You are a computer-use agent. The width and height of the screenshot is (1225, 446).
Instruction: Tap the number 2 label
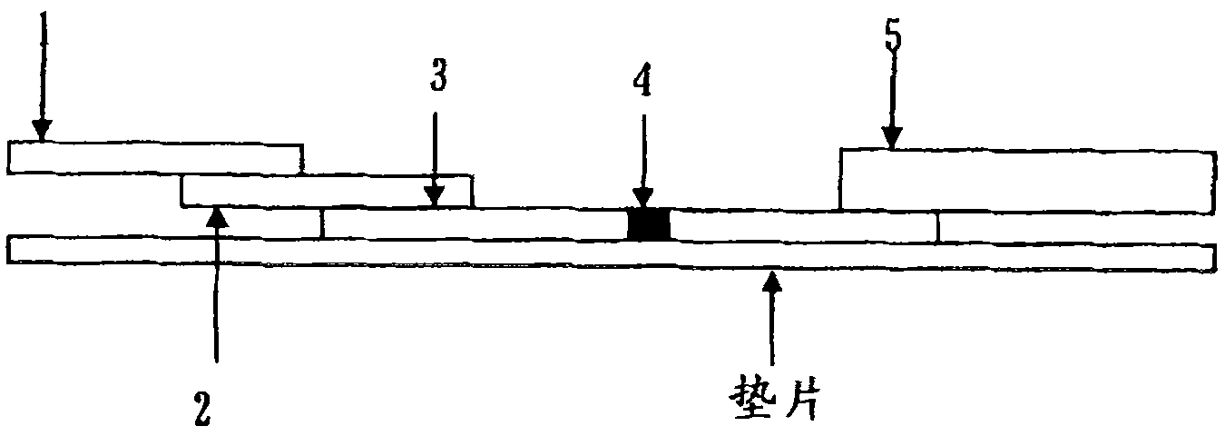(x=202, y=409)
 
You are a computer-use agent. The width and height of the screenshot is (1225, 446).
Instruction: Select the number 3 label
(x=436, y=78)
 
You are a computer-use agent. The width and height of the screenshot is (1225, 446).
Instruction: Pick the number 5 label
(x=895, y=38)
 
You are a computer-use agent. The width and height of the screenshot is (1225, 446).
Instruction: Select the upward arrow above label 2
(x=216, y=291)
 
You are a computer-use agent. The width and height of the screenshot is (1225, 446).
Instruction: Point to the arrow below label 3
(x=436, y=154)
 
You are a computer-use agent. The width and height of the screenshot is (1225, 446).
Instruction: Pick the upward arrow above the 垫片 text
(x=771, y=318)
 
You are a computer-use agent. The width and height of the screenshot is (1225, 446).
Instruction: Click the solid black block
(x=649, y=224)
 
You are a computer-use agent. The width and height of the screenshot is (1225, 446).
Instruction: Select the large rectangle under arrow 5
(x=1026, y=179)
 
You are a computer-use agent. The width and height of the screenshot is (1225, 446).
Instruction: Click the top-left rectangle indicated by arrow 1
(x=154, y=157)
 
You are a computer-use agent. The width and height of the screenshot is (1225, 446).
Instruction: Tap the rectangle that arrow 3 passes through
(x=327, y=191)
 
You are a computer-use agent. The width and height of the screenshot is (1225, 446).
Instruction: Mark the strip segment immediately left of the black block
(x=475, y=223)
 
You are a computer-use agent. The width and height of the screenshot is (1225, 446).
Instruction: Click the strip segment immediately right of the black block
(x=804, y=225)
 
